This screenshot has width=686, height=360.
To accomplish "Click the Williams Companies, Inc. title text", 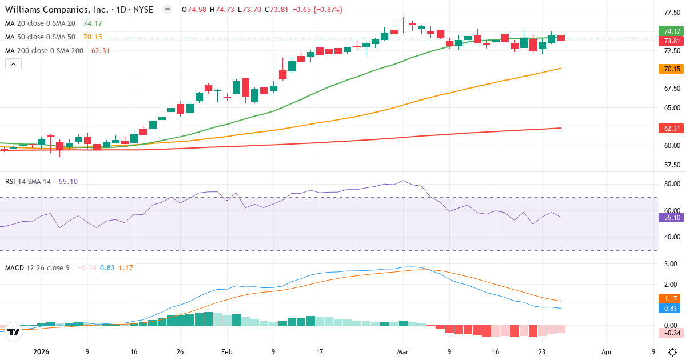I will click(51, 10).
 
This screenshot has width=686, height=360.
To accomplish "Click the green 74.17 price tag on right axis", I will click(672, 31).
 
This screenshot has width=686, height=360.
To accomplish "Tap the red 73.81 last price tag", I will click(672, 41).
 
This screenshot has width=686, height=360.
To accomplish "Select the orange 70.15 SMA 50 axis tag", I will click(672, 69).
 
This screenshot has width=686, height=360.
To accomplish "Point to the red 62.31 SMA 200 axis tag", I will click(672, 129).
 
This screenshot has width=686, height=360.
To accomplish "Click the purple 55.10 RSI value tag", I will click(672, 217).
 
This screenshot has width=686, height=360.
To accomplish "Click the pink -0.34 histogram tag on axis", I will click(672, 333).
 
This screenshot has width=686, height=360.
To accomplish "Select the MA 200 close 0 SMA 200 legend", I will click(45, 51).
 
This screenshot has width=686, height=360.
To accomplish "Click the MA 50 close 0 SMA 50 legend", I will click(41, 37).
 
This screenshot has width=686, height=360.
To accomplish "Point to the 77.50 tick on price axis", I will click(672, 12).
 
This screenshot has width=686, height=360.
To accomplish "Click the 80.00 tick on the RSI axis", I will click(672, 184).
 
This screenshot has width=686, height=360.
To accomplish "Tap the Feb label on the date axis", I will click(226, 352).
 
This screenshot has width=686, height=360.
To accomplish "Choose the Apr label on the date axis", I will click(607, 352).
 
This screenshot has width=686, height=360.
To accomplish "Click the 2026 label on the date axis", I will click(42, 352).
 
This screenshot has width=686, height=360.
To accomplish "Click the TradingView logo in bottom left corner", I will click(14, 331).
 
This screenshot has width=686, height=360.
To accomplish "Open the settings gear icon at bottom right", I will click(673, 352).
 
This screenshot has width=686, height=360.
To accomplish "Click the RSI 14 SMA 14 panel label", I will click(28, 182).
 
